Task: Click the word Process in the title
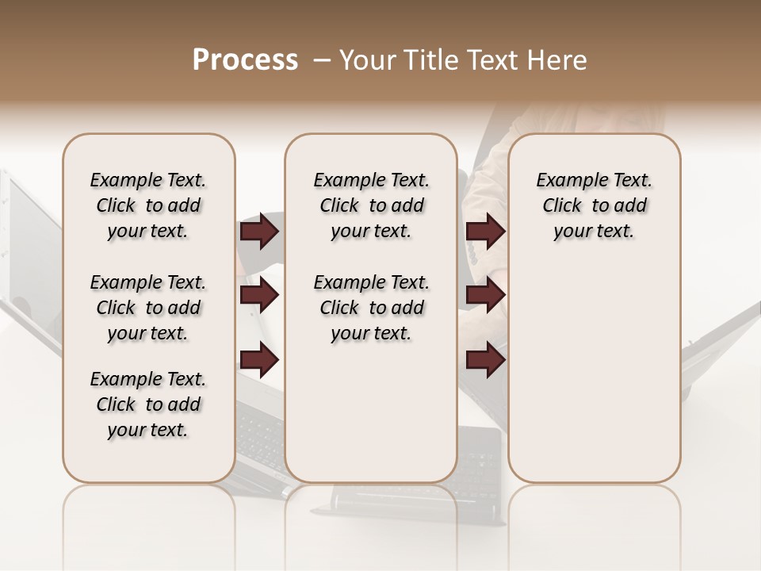pyautogui.click(x=245, y=59)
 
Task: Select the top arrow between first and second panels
pyautogui.click(x=259, y=231)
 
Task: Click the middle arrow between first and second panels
pyautogui.click(x=259, y=296)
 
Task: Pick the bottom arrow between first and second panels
pyautogui.click(x=259, y=359)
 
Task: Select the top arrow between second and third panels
pyautogui.click(x=485, y=231)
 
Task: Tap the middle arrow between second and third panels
pyautogui.click(x=485, y=296)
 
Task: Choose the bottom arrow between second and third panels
pyautogui.click(x=485, y=359)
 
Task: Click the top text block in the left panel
pyautogui.click(x=148, y=205)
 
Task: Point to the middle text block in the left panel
pyautogui.click(x=148, y=308)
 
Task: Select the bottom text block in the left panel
pyautogui.click(x=148, y=404)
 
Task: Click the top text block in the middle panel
pyautogui.click(x=371, y=205)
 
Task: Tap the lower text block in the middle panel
pyautogui.click(x=371, y=308)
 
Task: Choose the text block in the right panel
pyautogui.click(x=595, y=205)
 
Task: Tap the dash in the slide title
pyautogui.click(x=322, y=60)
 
